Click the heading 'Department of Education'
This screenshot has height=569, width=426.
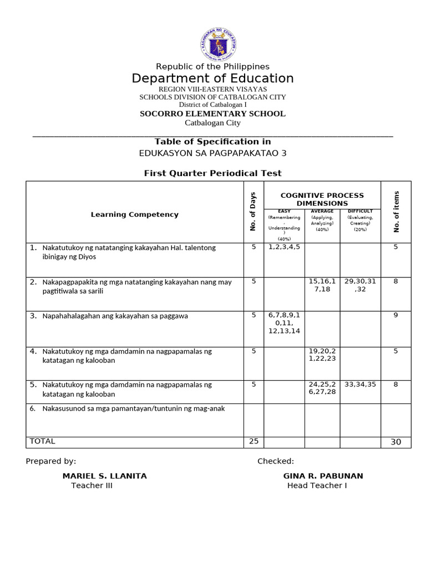pyautogui.click(x=212, y=78)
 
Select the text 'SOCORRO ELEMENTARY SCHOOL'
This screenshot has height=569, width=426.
pyautogui.click(x=212, y=114)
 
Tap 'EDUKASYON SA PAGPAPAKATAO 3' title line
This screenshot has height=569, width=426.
pyautogui.click(x=212, y=153)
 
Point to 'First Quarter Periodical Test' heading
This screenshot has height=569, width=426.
pyautogui.click(x=212, y=173)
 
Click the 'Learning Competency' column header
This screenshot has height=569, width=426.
pyautogui.click(x=135, y=214)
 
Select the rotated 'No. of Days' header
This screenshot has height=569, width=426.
pyautogui.click(x=253, y=212)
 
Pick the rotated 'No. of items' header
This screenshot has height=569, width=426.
pyautogui.click(x=396, y=212)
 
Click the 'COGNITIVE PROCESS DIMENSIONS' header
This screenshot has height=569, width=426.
pyautogui.click(x=322, y=199)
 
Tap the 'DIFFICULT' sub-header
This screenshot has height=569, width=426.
pyautogui.click(x=360, y=211)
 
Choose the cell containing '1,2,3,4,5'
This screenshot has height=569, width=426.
pyautogui.click(x=283, y=247)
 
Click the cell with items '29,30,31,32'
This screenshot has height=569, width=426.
pyautogui.click(x=360, y=285)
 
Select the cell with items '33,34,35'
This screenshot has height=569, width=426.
pyautogui.click(x=360, y=384)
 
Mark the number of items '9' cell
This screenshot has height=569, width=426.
pyautogui.click(x=395, y=315)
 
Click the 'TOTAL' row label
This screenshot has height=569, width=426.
pyautogui.click(x=43, y=441)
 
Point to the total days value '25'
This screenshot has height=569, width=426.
pyautogui.click(x=253, y=441)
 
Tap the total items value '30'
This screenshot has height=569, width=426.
pyautogui.click(x=395, y=442)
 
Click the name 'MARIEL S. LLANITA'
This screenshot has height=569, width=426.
pyautogui.click(x=104, y=476)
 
